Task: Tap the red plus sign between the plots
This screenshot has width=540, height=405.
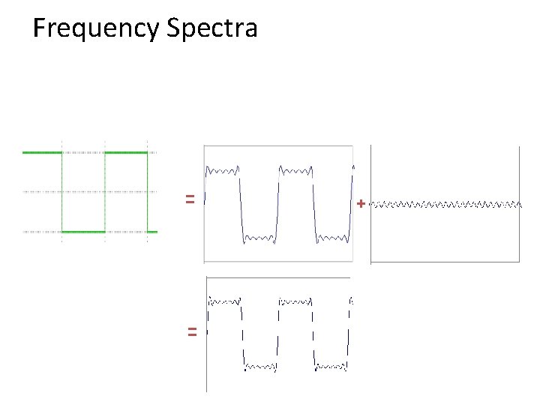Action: (x=361, y=203)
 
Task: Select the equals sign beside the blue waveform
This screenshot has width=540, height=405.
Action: (x=190, y=199)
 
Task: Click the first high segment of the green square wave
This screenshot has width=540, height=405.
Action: (x=42, y=152)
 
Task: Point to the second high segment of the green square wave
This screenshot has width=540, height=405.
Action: (x=126, y=152)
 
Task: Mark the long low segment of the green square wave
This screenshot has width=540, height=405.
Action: (x=83, y=232)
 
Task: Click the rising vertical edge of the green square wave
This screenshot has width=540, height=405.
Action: (x=105, y=192)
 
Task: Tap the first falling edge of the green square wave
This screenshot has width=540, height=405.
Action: (x=62, y=192)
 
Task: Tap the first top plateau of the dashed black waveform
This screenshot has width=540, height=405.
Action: (x=224, y=301)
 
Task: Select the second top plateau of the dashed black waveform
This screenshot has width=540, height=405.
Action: (x=295, y=301)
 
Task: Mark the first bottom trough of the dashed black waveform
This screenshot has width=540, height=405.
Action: (x=260, y=367)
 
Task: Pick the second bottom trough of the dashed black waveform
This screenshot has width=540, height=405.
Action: (x=331, y=367)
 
